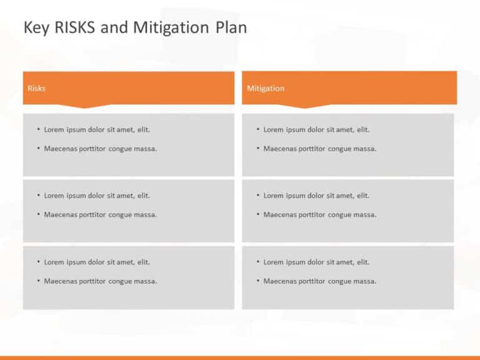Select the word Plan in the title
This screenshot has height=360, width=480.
pos(231,27)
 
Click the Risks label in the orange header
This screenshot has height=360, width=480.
pos(36,88)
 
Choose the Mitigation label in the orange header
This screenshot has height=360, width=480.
pos(266,88)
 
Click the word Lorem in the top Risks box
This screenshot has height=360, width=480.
pos(54,129)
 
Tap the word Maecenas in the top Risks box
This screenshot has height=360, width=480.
pos(60,149)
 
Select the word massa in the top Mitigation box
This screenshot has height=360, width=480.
pos(364,149)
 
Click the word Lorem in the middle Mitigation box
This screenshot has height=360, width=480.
pos(273,196)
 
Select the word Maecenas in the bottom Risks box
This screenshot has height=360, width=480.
pos(60,281)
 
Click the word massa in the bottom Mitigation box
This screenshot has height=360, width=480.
pos(364,281)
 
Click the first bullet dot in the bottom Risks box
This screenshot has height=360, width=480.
pos(38,262)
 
